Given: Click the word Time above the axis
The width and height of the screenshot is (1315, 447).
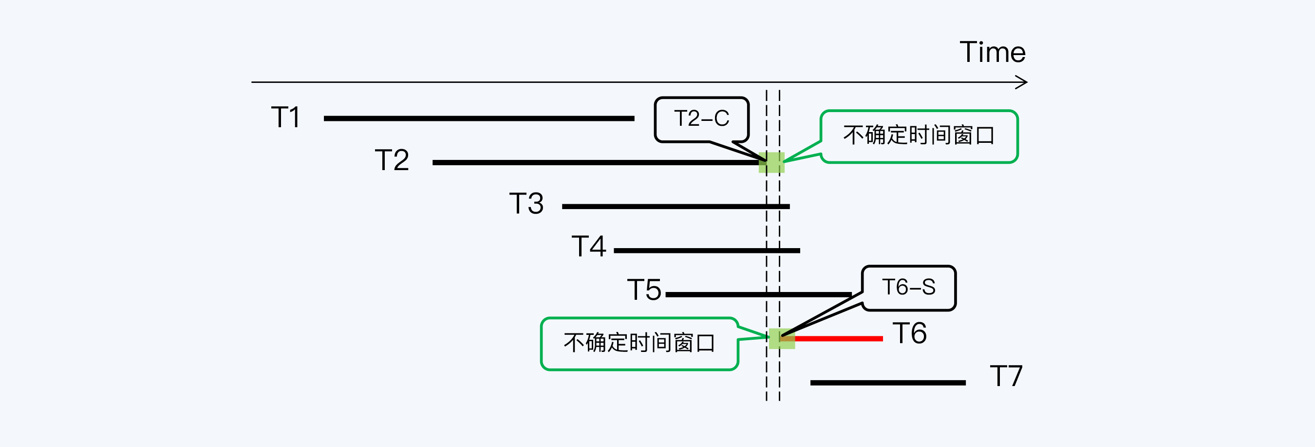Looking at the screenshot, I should [x=993, y=52].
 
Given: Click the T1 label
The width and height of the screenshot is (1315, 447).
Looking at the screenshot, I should [x=286, y=117].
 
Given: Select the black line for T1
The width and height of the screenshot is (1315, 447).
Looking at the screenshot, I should [x=479, y=118].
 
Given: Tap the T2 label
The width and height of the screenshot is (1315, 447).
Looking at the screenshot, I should [x=392, y=160].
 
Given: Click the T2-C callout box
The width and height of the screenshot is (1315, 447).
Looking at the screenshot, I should [x=701, y=119].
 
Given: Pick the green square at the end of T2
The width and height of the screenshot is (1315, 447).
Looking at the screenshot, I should [x=771, y=162].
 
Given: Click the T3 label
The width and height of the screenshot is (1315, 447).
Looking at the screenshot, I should [x=526, y=204].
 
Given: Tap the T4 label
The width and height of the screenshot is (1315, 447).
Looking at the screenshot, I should [x=589, y=247].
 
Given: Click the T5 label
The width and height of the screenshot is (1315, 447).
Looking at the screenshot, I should [x=644, y=290].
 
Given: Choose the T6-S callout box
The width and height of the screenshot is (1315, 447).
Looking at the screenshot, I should [x=909, y=288].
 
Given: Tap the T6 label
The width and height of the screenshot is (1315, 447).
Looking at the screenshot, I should [x=910, y=333].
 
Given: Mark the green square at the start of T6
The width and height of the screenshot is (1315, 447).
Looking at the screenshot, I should [x=782, y=339].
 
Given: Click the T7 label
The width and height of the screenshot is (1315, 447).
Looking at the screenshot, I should [x=1006, y=376].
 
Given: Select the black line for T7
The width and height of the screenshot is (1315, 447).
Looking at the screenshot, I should [x=888, y=383].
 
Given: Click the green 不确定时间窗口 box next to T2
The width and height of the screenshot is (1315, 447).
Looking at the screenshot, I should [x=919, y=136].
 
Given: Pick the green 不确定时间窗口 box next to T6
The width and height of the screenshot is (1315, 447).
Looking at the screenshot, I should [x=639, y=343].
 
